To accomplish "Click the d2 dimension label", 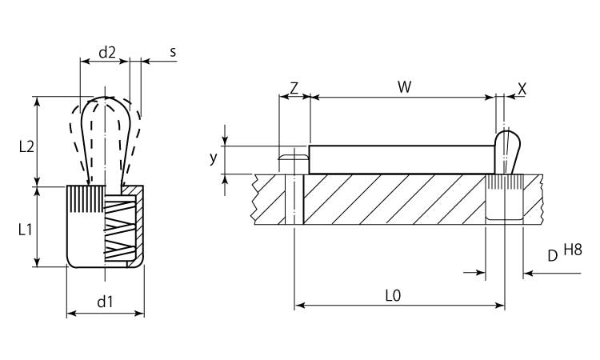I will [107, 52].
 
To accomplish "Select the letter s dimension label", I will [173, 52].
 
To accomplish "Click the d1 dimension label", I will [105, 302].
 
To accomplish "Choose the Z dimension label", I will [294, 88].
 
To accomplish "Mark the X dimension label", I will [522, 88].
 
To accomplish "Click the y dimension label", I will [214, 158].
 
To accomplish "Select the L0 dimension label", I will [392, 295].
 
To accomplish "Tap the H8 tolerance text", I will [573, 250].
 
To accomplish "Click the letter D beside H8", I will [552, 256].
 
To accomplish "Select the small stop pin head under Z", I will [293, 160].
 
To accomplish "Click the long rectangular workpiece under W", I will [400, 159].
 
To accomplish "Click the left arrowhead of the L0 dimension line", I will [299, 305].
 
